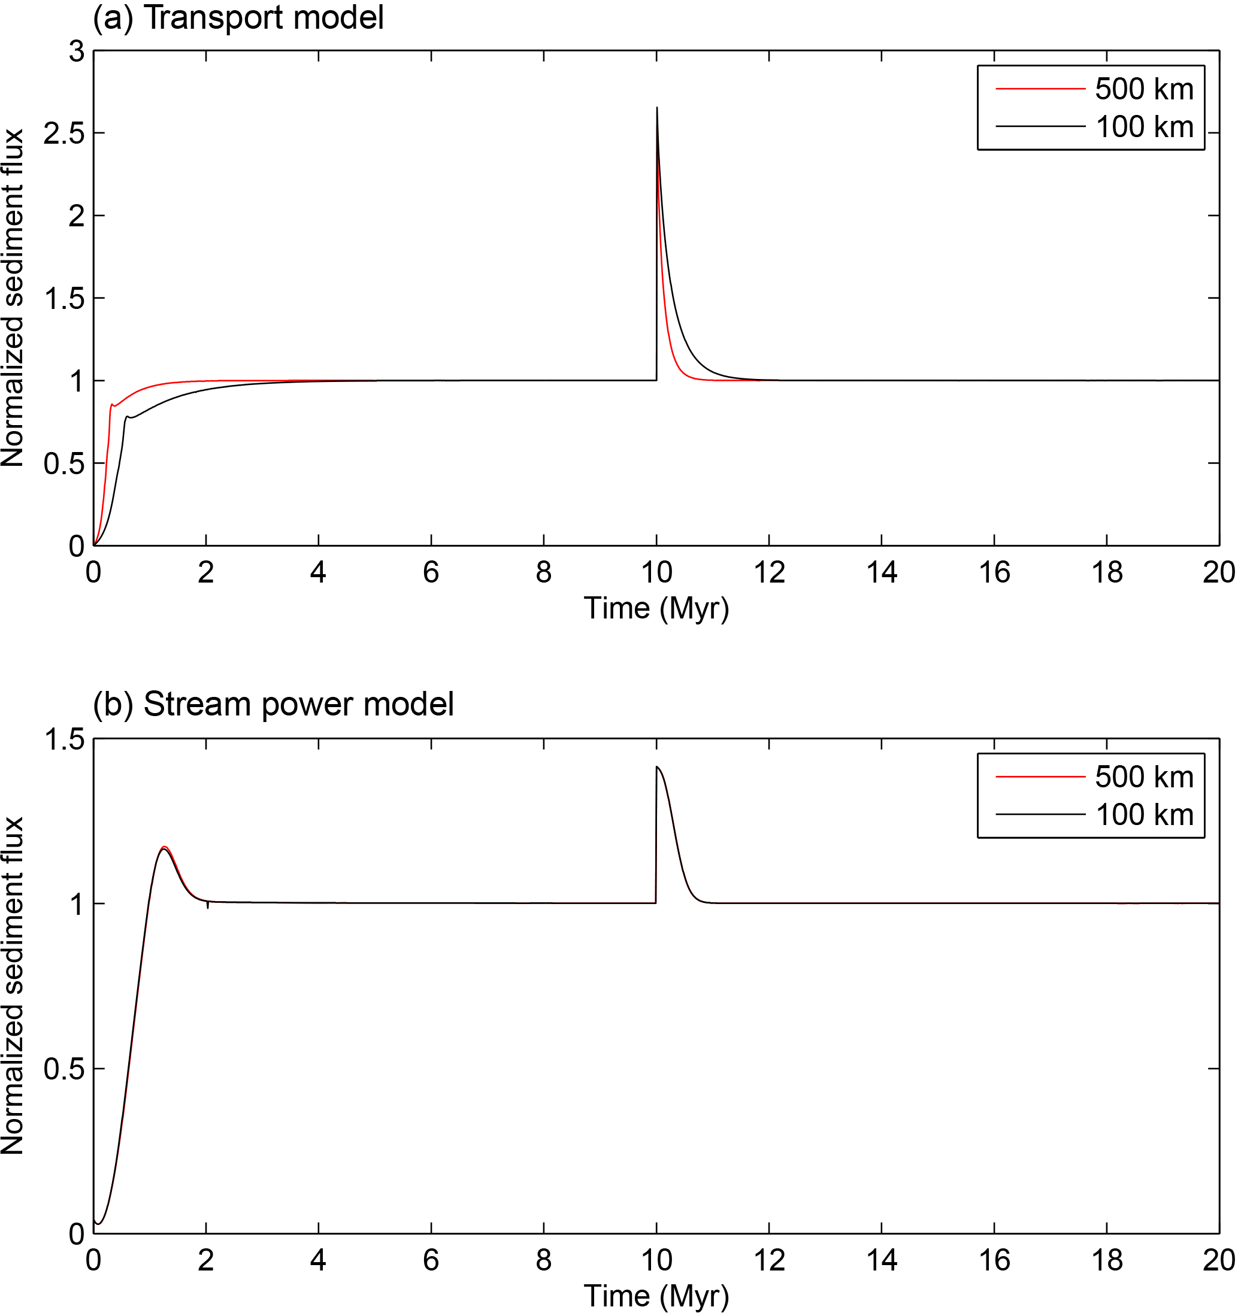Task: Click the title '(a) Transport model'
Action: coord(238,18)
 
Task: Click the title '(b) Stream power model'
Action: coord(273,704)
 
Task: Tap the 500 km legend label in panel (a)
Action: coord(1144,89)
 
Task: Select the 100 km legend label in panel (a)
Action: coord(1145,127)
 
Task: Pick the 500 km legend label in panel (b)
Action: coord(1144,777)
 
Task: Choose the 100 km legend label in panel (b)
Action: coord(1145,815)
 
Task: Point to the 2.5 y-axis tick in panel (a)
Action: coord(64,134)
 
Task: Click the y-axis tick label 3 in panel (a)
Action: coord(77,51)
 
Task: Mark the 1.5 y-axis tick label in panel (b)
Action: coord(64,739)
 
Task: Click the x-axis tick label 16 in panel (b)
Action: coord(994,1260)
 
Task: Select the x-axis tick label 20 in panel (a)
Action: coord(1219,572)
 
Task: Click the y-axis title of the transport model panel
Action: coord(13,298)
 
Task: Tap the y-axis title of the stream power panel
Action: coord(13,986)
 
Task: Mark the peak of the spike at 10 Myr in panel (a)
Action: coord(657,108)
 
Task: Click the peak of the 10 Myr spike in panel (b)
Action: coord(657,767)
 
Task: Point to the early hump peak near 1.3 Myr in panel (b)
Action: coord(164,847)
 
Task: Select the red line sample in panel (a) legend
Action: coord(1040,89)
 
